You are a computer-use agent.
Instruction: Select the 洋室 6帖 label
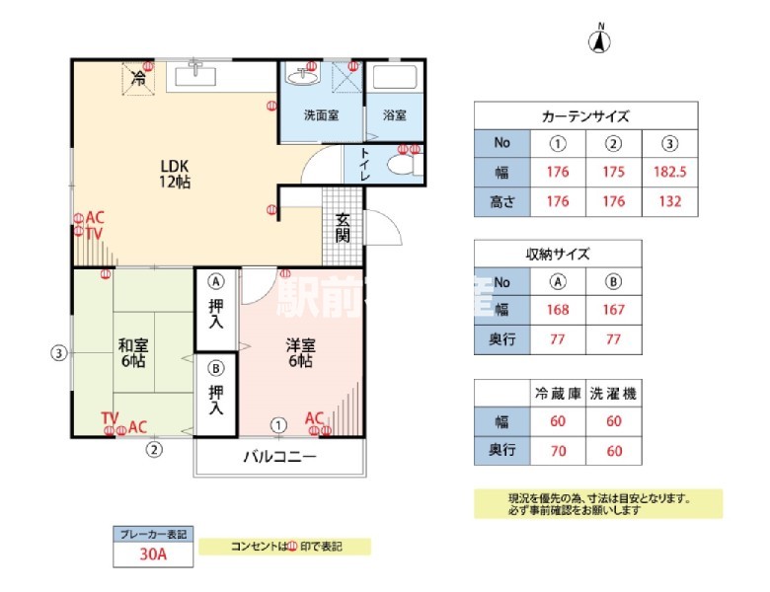[x=300, y=353]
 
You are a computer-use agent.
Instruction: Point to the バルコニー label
[x=279, y=457]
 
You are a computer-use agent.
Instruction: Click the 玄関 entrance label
[x=343, y=228]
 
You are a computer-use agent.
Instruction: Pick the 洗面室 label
[x=321, y=115]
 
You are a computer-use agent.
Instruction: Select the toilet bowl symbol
[x=403, y=165]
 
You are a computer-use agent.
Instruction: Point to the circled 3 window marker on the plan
[x=60, y=352]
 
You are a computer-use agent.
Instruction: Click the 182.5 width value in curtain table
[x=670, y=172]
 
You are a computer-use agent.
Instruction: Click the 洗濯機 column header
[x=613, y=393]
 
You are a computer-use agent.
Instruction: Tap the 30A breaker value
[x=153, y=555]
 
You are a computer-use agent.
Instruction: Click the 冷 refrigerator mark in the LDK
[x=139, y=78]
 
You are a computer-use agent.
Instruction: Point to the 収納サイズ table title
[x=558, y=254]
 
